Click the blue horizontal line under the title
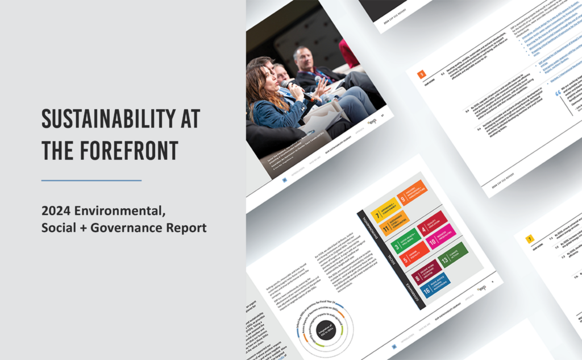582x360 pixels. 92,180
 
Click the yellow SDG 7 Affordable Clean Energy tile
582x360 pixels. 383,212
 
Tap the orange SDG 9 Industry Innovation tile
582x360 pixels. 412,195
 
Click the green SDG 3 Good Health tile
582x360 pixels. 405,242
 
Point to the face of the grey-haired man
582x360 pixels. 300,57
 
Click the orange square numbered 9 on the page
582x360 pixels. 421,75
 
